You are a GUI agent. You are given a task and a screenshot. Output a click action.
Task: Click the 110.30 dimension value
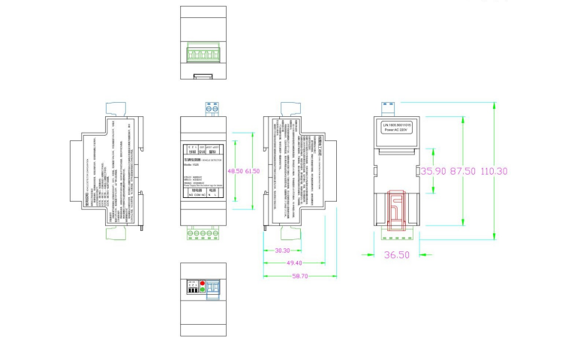point(494,171)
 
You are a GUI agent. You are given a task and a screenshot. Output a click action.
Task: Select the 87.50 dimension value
point(461,171)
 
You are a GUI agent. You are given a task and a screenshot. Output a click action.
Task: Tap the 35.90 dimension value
point(434,171)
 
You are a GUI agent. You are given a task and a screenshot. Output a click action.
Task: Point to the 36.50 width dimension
point(397,255)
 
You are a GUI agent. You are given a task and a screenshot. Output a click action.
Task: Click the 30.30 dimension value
point(283,250)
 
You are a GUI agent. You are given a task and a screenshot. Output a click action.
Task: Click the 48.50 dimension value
point(236,172)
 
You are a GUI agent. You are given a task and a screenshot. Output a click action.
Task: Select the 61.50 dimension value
point(252,172)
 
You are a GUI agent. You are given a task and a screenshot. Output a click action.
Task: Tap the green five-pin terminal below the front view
point(203,233)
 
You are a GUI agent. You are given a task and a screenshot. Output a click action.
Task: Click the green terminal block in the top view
point(203,55)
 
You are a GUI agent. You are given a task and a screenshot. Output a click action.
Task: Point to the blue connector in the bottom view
point(213,289)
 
